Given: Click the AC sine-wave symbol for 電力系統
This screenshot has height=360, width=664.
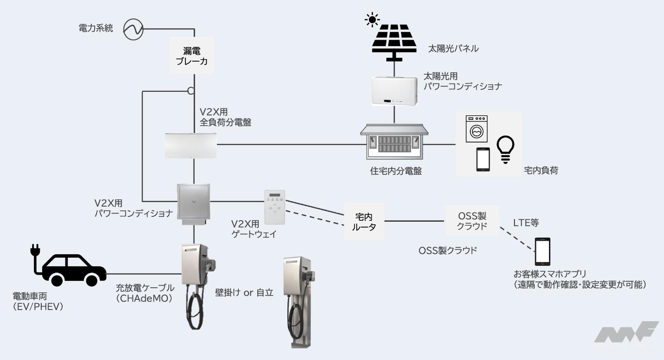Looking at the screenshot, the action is click(133, 29).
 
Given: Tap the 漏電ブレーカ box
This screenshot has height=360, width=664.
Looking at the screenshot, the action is click(192, 55).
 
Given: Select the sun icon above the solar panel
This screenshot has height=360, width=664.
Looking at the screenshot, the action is click(372, 20).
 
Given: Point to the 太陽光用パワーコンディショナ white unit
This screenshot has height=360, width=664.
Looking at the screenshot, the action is click(395, 91).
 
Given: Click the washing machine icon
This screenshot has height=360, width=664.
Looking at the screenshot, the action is click(476, 129).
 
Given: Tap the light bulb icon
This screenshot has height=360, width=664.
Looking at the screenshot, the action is click(505, 149).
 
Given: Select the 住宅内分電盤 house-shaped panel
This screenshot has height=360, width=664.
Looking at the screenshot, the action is click(394, 142).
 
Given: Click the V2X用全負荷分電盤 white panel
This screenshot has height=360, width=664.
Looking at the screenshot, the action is click(191, 146).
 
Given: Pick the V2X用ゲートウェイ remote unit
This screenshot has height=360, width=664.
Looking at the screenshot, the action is click(275, 207).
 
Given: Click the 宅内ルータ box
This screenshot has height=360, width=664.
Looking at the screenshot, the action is click(364, 221).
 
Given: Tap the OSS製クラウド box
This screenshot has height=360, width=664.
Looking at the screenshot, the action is click(472, 221).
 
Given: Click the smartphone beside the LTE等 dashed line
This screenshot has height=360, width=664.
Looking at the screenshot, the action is click(543, 251).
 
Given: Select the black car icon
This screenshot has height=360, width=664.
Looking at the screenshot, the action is click(74, 270).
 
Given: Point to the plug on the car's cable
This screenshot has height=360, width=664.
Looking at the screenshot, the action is click(35, 250).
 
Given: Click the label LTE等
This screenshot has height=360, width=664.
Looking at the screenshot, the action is click(526, 223).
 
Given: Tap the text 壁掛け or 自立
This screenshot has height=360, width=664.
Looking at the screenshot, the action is click(244, 293).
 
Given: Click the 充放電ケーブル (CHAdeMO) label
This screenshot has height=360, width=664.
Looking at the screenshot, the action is click(145, 293).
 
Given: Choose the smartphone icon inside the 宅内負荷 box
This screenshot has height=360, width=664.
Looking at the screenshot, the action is click(483, 160).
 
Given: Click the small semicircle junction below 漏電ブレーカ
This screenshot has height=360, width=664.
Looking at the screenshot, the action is click(191, 91).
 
